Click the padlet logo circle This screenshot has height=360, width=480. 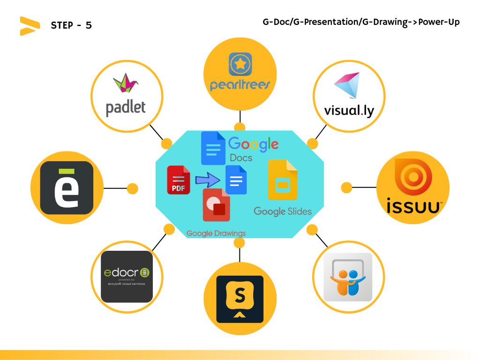(x=127, y=97)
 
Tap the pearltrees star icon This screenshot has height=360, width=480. (x=240, y=64)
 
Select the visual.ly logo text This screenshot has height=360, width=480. (x=349, y=111)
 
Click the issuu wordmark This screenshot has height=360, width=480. (x=413, y=206)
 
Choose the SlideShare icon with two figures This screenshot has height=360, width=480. (x=348, y=277)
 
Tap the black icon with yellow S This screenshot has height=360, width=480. (x=240, y=299)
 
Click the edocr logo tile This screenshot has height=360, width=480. (x=127, y=277)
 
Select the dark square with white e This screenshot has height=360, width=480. (x=67, y=187)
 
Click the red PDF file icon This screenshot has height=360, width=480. (x=179, y=180)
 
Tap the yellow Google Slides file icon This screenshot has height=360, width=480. (x=283, y=180)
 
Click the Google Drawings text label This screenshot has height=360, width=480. (x=216, y=233)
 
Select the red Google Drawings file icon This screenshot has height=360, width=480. (x=216, y=205)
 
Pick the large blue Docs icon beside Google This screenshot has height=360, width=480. (x=213, y=148)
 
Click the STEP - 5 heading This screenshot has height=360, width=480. (x=71, y=25)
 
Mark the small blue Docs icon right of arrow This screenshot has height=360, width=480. (x=236, y=180)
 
